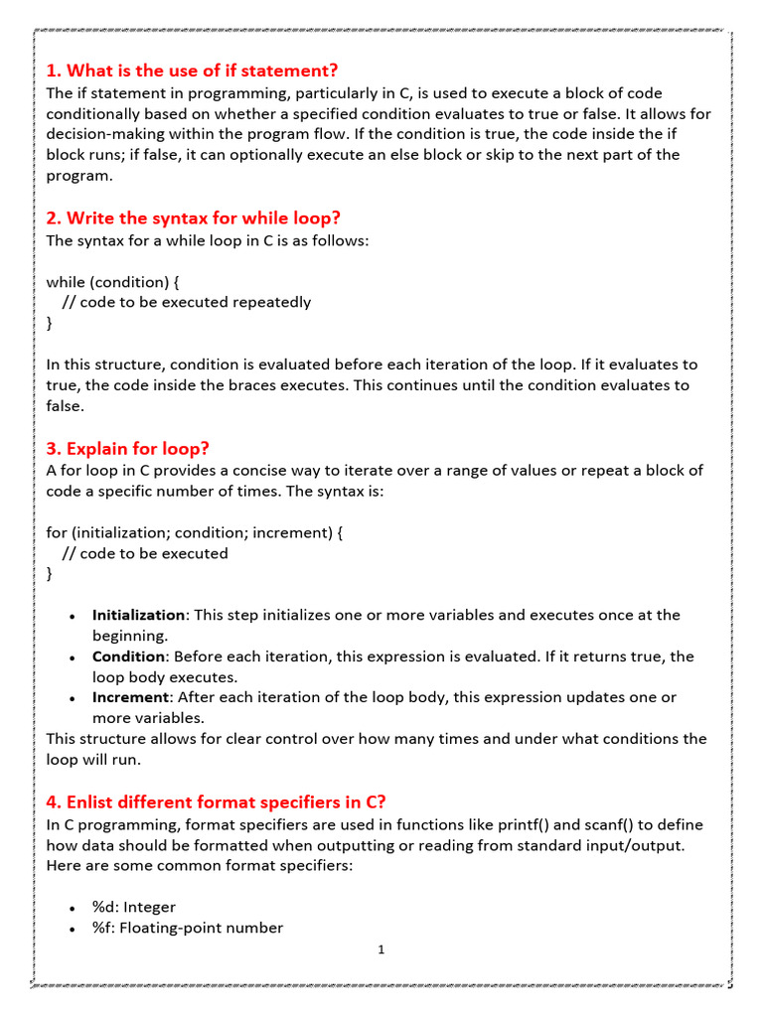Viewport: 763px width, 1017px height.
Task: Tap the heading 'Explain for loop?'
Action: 128,449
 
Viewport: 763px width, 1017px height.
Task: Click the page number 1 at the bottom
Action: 381,950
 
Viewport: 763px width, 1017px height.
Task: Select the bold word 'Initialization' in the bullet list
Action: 138,615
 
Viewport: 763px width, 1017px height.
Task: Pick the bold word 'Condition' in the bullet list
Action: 128,656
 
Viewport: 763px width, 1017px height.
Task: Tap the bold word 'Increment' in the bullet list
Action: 131,697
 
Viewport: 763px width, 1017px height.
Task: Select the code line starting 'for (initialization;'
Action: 195,532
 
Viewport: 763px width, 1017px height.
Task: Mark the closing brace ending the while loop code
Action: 50,323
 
